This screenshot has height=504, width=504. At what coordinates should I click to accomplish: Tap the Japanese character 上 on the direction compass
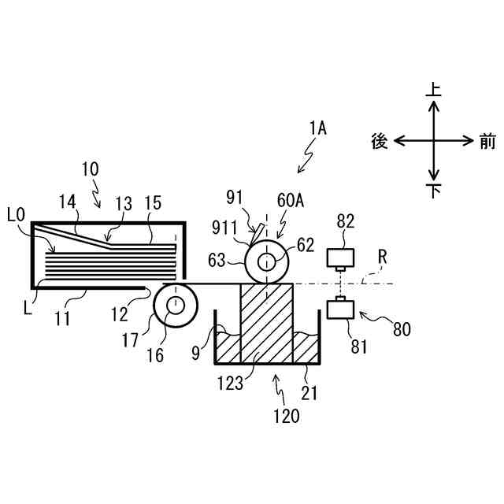point(433,90)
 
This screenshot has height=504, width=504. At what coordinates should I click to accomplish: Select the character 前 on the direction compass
point(487,141)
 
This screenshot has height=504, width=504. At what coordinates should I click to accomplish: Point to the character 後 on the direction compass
point(380,141)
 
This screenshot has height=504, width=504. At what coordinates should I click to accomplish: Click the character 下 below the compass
point(432,191)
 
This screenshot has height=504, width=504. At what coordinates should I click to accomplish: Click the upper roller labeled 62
point(267,260)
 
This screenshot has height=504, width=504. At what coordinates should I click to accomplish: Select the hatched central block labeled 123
point(266,323)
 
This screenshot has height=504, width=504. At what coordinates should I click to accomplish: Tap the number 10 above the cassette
point(91,169)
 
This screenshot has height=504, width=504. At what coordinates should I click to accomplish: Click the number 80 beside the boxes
point(402,329)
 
